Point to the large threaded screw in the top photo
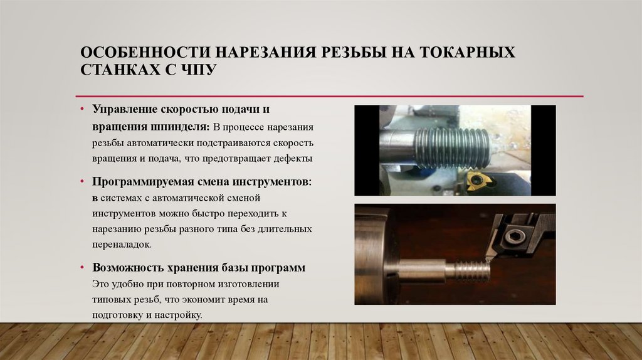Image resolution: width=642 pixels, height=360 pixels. click(x=451, y=148)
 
